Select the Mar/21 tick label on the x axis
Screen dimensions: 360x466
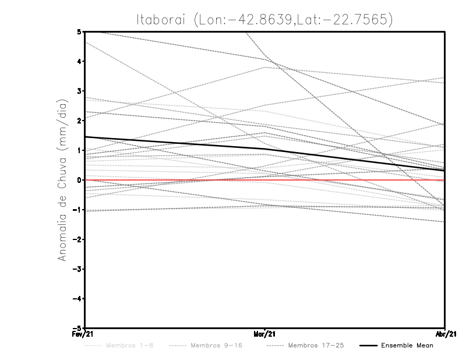[x=265, y=334]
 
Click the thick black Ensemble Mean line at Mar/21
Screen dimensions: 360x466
[x=265, y=149]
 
